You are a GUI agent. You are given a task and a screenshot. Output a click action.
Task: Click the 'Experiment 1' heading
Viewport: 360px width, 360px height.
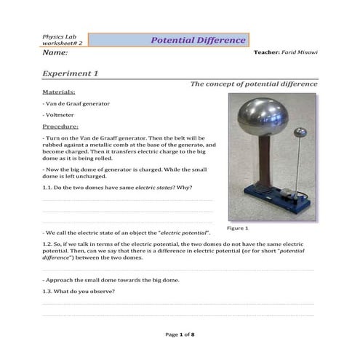[70, 74]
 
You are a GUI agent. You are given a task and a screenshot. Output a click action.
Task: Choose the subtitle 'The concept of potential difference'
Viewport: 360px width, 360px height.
[253, 84]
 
